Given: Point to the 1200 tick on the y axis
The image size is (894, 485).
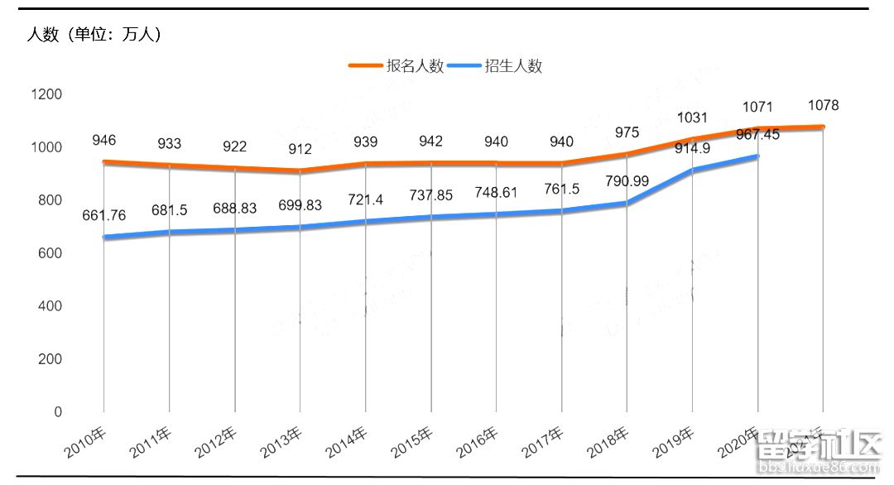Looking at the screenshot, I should [x=46, y=94].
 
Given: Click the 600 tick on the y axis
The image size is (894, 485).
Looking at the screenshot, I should [x=50, y=253].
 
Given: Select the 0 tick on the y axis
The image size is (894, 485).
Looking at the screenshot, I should [x=58, y=412].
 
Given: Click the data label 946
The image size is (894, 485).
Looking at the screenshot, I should [x=103, y=140].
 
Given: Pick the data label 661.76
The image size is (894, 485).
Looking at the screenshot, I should [x=104, y=216].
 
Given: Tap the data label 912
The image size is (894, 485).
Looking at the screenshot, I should [x=300, y=150].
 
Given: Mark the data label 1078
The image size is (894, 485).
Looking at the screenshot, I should [x=824, y=105].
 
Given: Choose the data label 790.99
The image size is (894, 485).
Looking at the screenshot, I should [x=627, y=180].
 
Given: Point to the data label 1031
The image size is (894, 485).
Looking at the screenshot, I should [x=692, y=118].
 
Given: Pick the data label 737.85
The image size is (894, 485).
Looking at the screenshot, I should [x=431, y=195].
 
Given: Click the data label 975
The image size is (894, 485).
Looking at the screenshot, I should [x=627, y=133].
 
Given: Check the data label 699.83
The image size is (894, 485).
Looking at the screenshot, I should [x=300, y=205].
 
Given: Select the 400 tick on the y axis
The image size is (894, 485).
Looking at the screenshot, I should [x=50, y=306].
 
